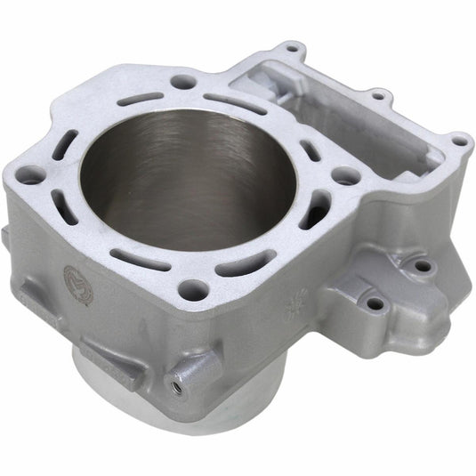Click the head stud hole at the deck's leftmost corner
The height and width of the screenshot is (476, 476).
[x=29, y=176]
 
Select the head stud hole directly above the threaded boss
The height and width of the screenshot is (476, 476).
[x=191, y=288]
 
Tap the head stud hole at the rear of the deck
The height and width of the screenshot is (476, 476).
[x=183, y=82]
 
